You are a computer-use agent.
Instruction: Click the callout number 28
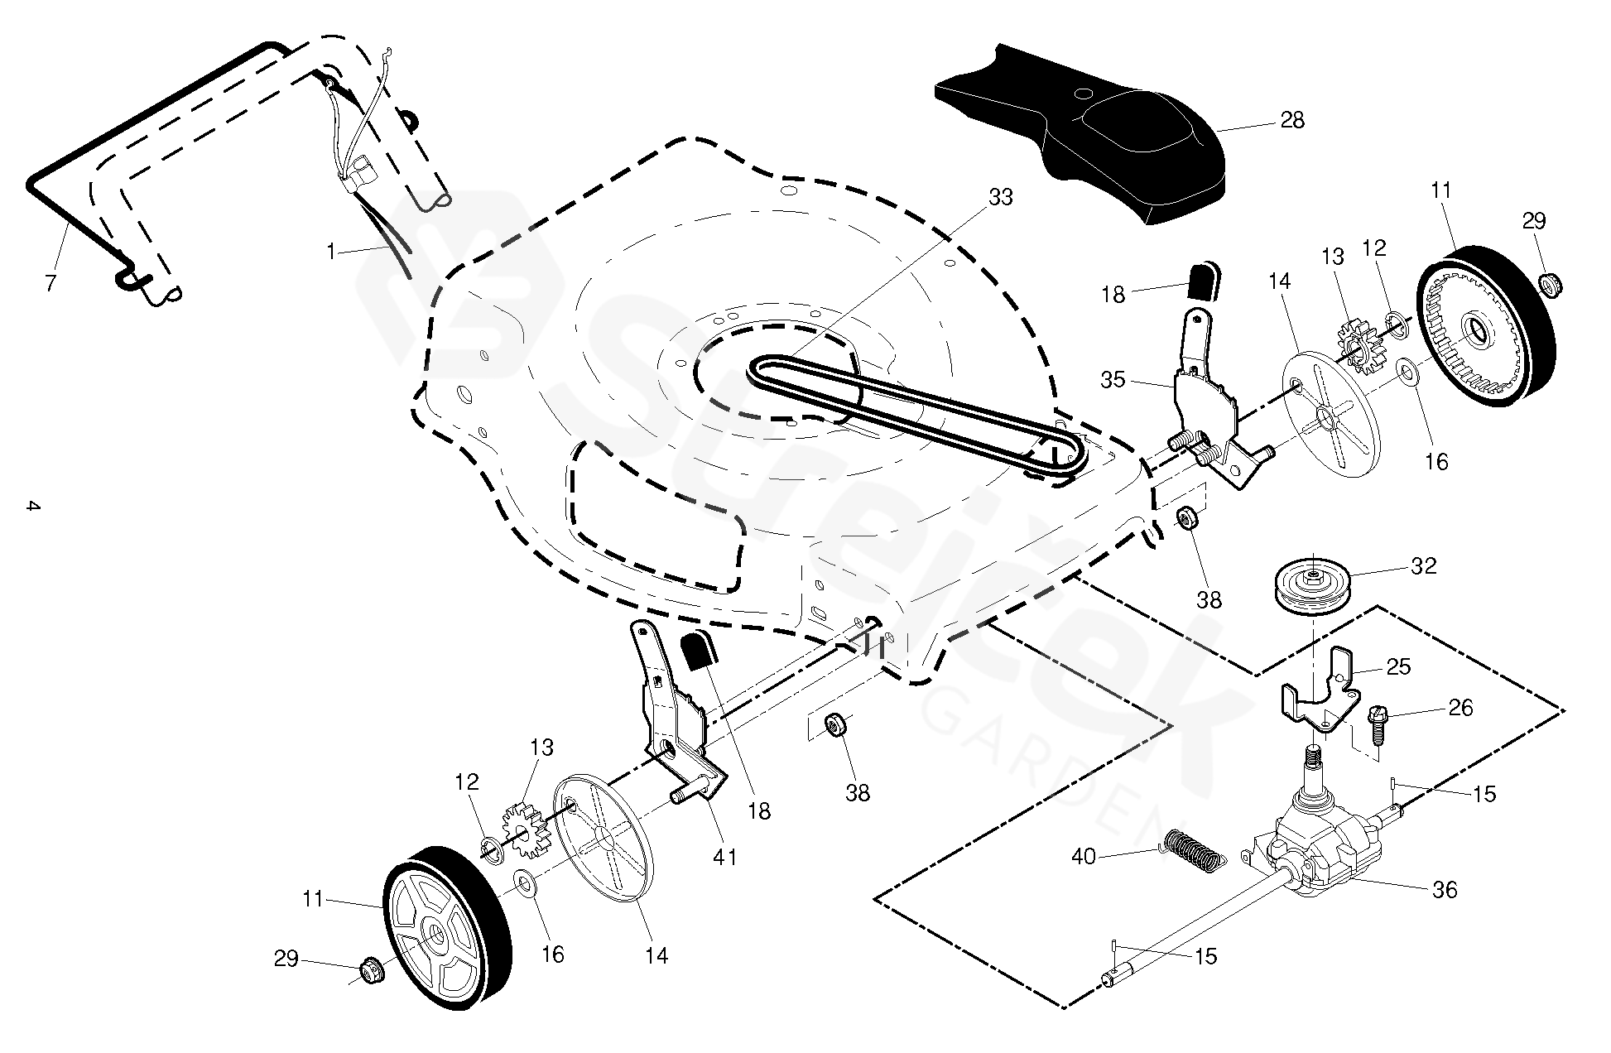pos(1291,121)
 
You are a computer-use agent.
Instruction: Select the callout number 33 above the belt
pos(1000,197)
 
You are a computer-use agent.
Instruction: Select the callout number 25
pos(1398,666)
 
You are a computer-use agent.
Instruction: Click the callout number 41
pos(725,858)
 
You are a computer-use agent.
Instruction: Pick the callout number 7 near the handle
pos(50,283)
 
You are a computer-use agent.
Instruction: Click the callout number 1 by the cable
pos(331,252)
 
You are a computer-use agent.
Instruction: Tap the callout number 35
pos(1113,380)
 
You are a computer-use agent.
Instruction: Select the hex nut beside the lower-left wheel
pos(371,968)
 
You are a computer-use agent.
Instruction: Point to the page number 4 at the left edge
pos(31,506)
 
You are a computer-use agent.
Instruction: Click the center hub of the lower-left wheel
pos(434,939)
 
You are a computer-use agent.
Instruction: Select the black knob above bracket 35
pos(1205,281)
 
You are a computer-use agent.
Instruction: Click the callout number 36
pos(1445,890)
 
